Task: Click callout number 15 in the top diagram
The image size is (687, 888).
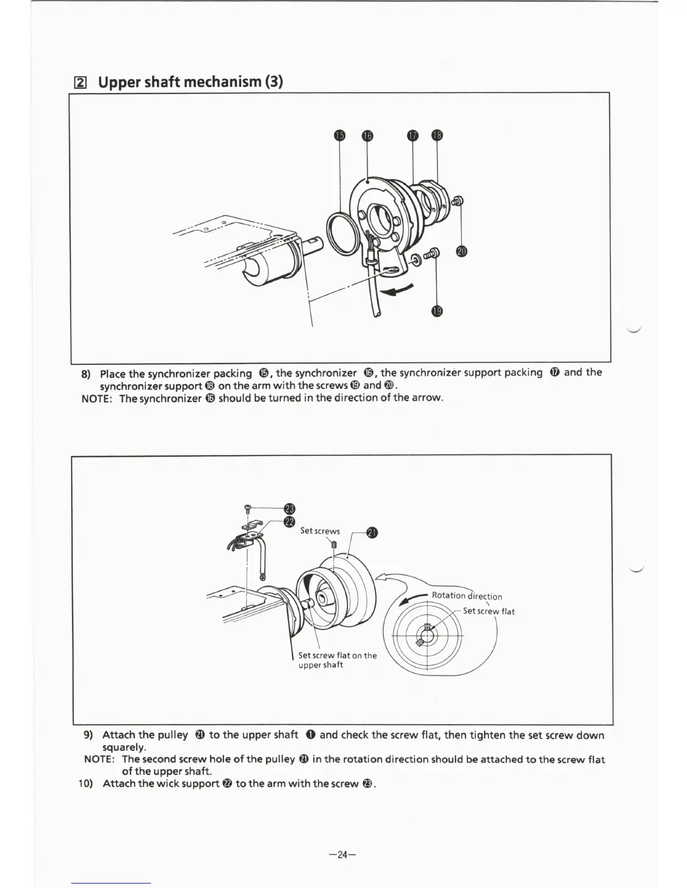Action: point(339,135)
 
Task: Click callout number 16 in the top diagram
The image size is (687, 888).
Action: point(367,135)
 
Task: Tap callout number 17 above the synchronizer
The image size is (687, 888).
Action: point(413,135)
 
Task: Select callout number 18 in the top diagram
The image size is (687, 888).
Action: point(437,135)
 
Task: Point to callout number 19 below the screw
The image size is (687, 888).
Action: point(437,311)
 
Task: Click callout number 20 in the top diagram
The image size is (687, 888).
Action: point(461,251)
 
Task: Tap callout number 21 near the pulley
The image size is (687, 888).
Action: point(372,533)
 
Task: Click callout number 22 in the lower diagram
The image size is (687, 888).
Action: point(290,522)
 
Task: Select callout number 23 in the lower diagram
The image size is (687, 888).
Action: point(290,508)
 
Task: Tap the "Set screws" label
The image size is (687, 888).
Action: point(320,531)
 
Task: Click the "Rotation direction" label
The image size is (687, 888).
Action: point(467,596)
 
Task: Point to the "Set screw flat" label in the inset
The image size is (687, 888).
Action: point(488,611)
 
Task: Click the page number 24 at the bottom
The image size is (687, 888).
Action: point(343,854)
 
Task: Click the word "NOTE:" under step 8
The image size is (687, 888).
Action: point(98,398)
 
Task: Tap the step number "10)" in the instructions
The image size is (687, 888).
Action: point(87,783)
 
